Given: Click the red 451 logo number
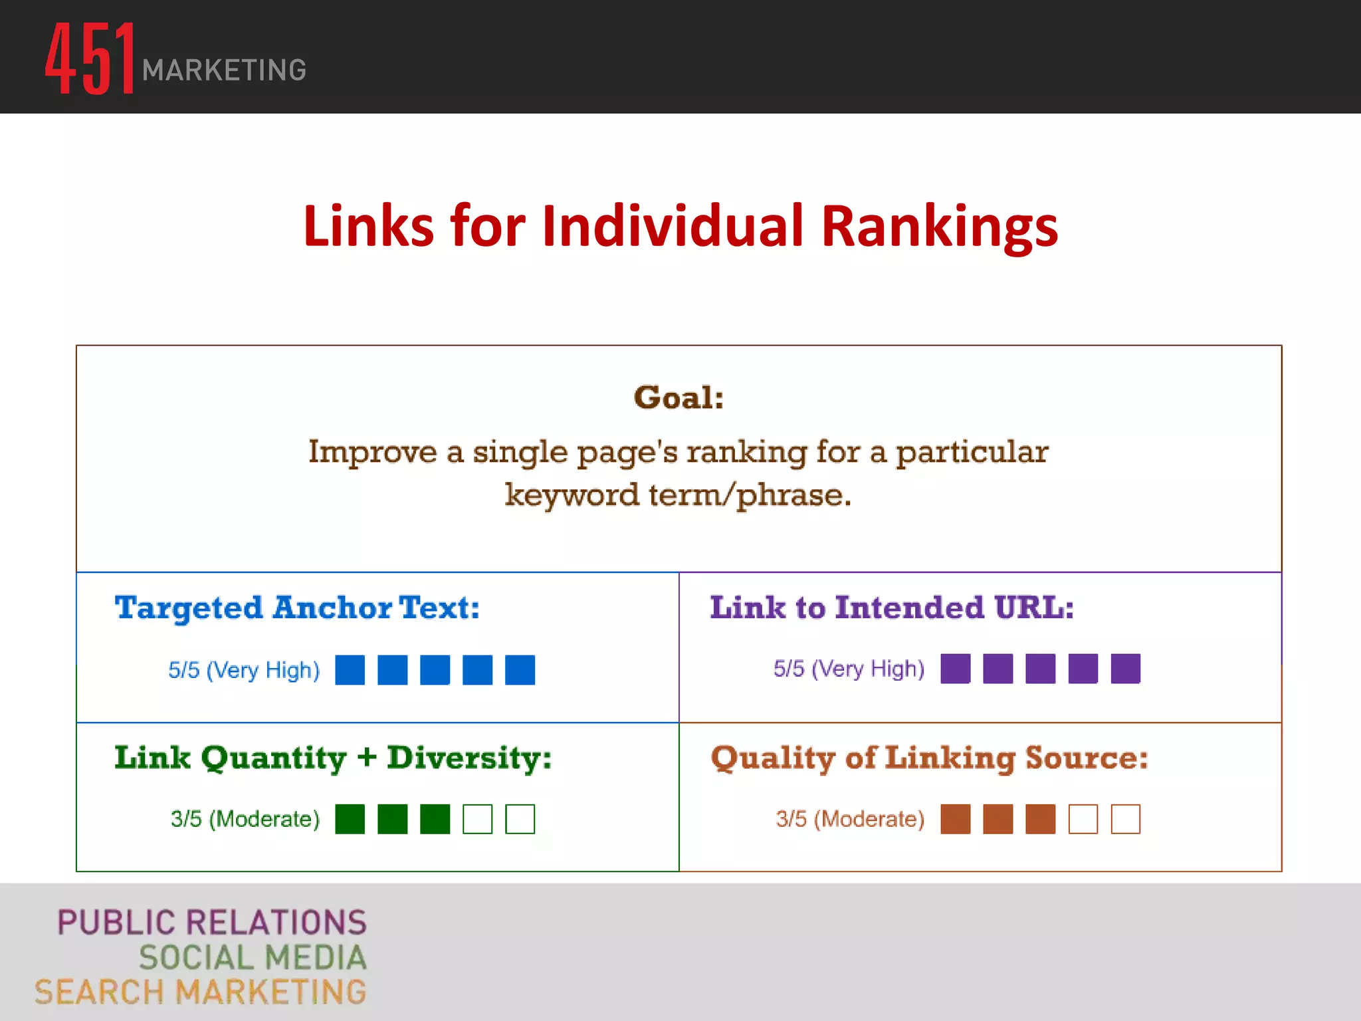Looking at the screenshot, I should pos(90,58).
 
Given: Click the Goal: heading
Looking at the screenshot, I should pos(679,397).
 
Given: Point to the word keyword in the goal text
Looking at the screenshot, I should pos(572,495).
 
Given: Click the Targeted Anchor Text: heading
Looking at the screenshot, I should pos(297,608).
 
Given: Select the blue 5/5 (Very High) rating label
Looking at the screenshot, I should pos(244,669).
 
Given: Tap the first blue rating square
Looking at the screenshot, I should pos(350,669).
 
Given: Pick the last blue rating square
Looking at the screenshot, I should pos(520,669).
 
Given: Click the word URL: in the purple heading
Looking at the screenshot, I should pos(1034,608).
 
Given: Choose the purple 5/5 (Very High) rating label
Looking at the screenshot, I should pos(849,668).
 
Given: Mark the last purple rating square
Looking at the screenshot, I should pos(1125,668).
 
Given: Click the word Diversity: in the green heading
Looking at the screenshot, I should pos(469,758).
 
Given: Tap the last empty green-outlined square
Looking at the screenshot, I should pos(520,819).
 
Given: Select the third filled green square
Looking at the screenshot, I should pos(435,819).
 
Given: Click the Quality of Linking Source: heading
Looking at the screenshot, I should pos(929,758).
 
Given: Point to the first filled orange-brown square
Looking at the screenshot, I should pos(955,819).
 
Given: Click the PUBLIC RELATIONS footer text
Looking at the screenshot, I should pos(212,923).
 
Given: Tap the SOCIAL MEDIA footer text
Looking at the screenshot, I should pos(253,957).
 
